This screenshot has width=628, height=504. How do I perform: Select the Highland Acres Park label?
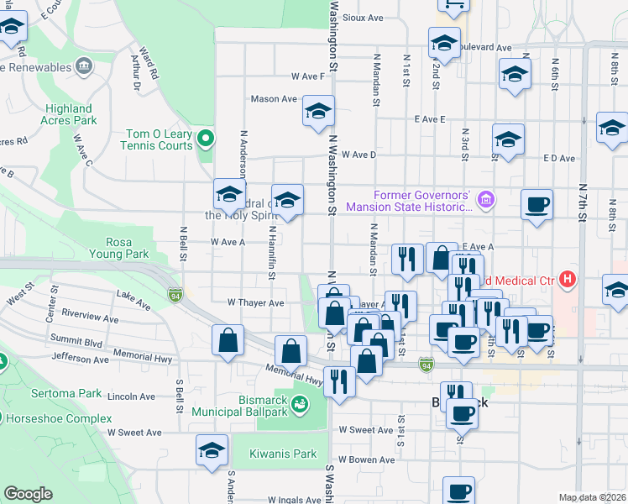coord(70,114)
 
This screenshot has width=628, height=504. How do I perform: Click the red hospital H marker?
coord(568,278)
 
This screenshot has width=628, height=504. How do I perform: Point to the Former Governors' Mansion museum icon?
coord(484,200)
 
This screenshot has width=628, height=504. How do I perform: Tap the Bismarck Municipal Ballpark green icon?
coord(299,407)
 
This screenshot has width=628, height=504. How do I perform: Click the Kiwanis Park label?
coord(283,454)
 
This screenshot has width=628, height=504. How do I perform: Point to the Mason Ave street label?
coord(275,98)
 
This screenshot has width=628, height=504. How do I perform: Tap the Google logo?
coord(28,493)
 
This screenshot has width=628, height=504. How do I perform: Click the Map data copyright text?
coord(591,497)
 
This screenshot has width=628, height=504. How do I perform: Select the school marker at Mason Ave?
coord(318,113)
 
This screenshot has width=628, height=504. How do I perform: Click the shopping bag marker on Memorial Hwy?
coord(290,351)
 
